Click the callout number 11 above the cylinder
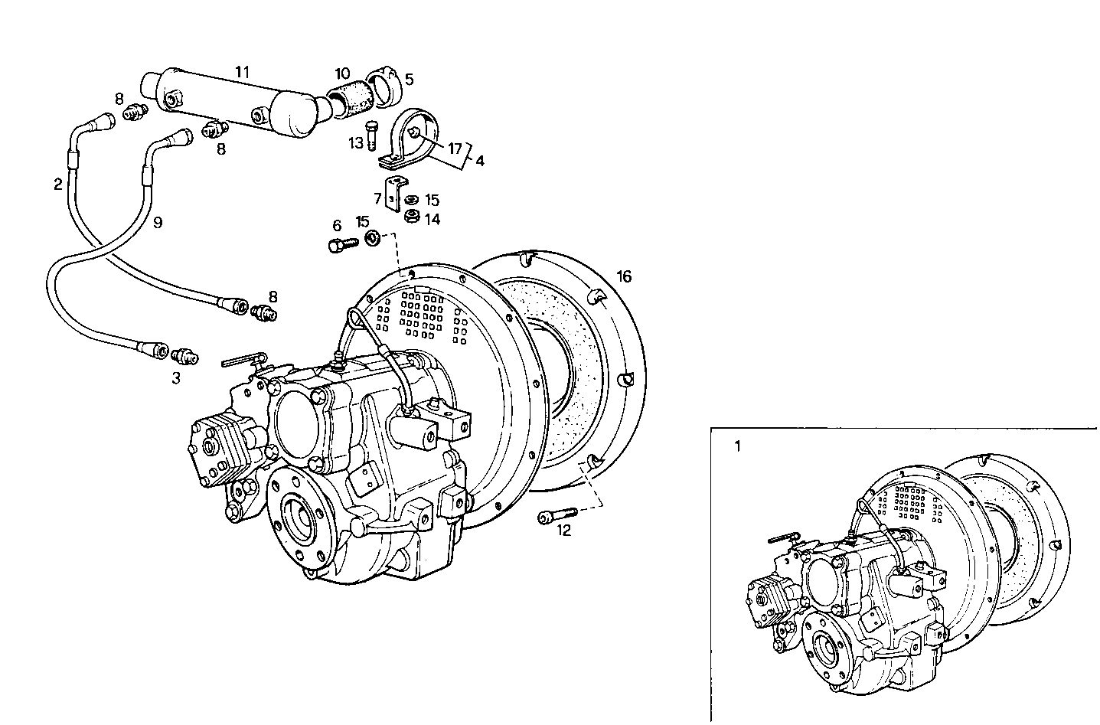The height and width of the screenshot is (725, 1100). (242, 72)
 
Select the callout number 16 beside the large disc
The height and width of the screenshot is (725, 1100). (624, 276)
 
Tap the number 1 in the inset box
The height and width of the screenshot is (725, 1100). (737, 446)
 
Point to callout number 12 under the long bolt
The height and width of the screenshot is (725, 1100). (564, 531)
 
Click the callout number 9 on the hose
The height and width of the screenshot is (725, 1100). (157, 223)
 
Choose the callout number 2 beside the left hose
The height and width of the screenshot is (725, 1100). (58, 184)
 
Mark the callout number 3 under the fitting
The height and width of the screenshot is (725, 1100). (176, 377)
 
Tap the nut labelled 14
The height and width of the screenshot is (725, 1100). (411, 217)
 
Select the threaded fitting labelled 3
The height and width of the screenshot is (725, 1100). (184, 355)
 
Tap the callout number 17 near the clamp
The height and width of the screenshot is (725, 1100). (455, 149)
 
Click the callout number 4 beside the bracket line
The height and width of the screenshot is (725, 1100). (479, 162)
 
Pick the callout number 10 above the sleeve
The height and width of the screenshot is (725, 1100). (341, 74)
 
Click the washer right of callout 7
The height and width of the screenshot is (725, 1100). (411, 201)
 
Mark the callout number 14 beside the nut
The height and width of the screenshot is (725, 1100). (432, 219)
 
